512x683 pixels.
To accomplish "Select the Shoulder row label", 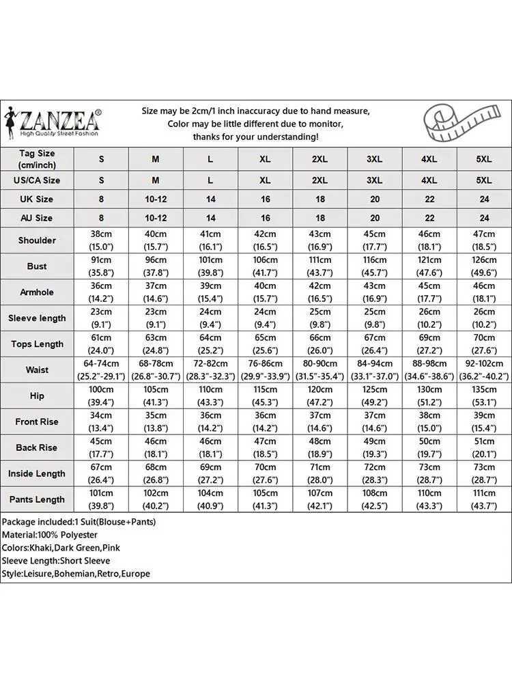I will click(x=37, y=240).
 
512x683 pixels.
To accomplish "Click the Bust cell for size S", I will click(x=101, y=266).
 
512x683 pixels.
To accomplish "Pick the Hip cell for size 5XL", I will click(x=483, y=396).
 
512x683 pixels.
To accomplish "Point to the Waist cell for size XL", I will click(x=265, y=370).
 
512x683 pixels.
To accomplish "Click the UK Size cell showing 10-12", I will click(x=156, y=199).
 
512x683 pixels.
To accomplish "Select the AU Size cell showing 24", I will click(x=483, y=218).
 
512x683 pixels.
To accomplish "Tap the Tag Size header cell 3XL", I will click(x=374, y=159).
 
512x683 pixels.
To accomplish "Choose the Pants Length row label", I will click(x=37, y=499).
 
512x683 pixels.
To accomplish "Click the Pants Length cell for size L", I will click(x=210, y=499).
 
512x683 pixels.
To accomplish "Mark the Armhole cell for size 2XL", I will click(x=319, y=292).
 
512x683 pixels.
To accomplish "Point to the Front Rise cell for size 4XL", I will click(x=429, y=422).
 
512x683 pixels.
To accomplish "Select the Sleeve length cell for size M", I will click(x=156, y=318).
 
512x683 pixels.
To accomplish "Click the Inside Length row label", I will click(x=37, y=473).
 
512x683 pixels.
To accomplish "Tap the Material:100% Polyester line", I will click(x=49, y=535).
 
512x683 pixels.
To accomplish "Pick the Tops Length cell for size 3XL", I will click(x=374, y=344).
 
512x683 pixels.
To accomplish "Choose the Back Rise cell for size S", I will click(x=101, y=448).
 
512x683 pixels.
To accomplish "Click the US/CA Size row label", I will click(x=37, y=180).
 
